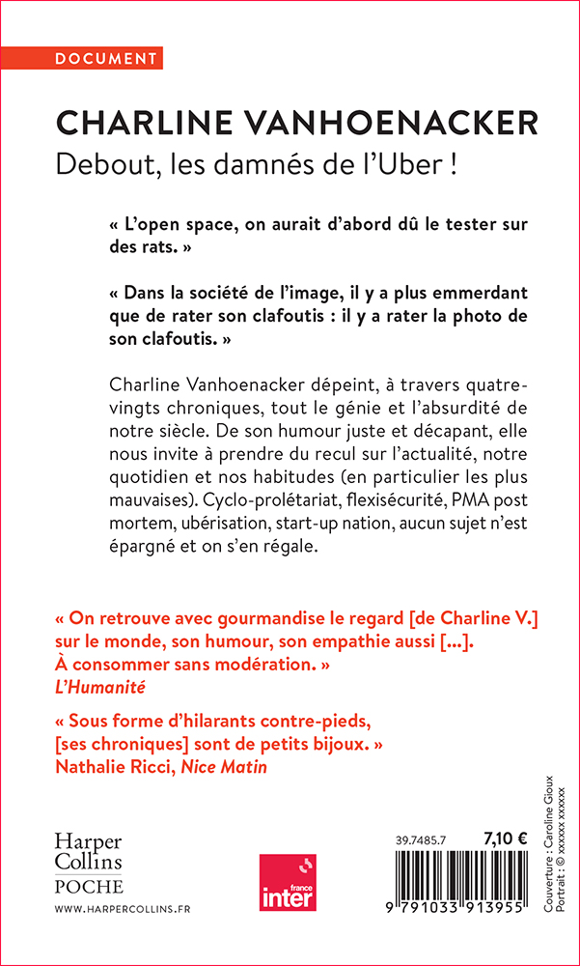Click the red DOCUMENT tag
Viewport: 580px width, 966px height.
[x=107, y=59]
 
